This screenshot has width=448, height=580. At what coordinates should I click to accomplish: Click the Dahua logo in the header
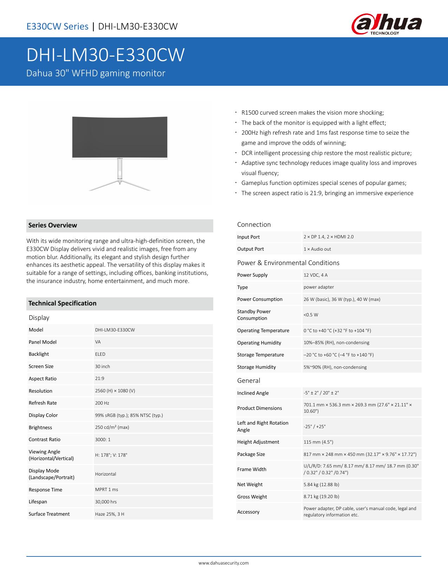pos(386,26)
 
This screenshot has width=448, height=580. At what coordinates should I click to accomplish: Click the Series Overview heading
pos(53,225)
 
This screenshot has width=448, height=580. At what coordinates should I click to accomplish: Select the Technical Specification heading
pos(62,303)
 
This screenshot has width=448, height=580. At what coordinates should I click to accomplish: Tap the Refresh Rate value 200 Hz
pos(102,403)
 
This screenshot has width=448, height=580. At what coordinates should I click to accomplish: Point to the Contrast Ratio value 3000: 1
pos(103,439)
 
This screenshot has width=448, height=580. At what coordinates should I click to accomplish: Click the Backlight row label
pos(39,354)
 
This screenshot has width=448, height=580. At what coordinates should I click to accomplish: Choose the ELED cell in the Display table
pos(100,354)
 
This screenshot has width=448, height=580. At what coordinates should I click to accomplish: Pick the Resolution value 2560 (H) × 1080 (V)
pos(115,391)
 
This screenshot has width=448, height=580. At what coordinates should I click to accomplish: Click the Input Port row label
pos(248,237)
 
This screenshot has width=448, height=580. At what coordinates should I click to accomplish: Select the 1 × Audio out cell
pos(317,249)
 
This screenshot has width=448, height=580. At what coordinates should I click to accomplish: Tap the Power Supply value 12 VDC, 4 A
pos(315,275)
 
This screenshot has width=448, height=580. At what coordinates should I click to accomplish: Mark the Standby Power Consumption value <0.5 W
pos(311,315)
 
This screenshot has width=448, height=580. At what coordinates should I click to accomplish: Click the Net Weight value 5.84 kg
pos(321,484)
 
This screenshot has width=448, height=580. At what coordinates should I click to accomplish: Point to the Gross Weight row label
pos(252,497)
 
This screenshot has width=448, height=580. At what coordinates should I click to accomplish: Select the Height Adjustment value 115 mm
pos(318,442)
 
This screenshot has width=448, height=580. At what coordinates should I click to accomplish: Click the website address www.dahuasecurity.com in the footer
pos(223,563)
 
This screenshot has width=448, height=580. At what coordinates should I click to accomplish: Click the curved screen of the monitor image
pos(120,137)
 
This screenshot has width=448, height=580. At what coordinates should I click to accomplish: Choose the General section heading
pos(248,381)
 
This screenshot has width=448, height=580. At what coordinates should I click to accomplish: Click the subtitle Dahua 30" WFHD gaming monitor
pos(96,73)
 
